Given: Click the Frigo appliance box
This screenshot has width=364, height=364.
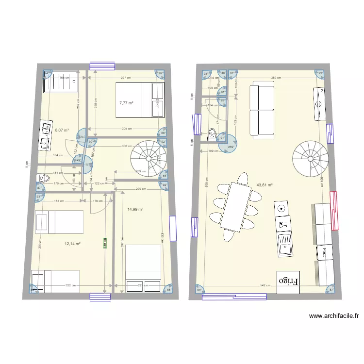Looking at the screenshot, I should point(289,281).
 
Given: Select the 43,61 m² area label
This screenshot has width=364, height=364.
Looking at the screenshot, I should point(265,185).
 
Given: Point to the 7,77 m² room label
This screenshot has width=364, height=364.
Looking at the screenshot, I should point(126,103).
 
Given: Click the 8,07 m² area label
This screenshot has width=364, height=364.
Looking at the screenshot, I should point(62,131).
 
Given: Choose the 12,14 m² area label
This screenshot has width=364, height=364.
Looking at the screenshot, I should point(73,244).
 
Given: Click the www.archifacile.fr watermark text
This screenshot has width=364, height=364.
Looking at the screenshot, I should point(334,316).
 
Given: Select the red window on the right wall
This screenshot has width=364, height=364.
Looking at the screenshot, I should point(333,210).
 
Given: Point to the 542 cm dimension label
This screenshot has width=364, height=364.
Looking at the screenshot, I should point(265,286).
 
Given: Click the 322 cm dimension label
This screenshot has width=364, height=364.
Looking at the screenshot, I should point(71,286).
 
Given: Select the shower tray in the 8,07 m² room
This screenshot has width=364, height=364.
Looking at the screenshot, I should point(58,84).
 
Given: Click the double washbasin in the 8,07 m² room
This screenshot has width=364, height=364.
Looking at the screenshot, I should point(46,136).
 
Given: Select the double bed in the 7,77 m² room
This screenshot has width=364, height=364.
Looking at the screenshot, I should point(140,100).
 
